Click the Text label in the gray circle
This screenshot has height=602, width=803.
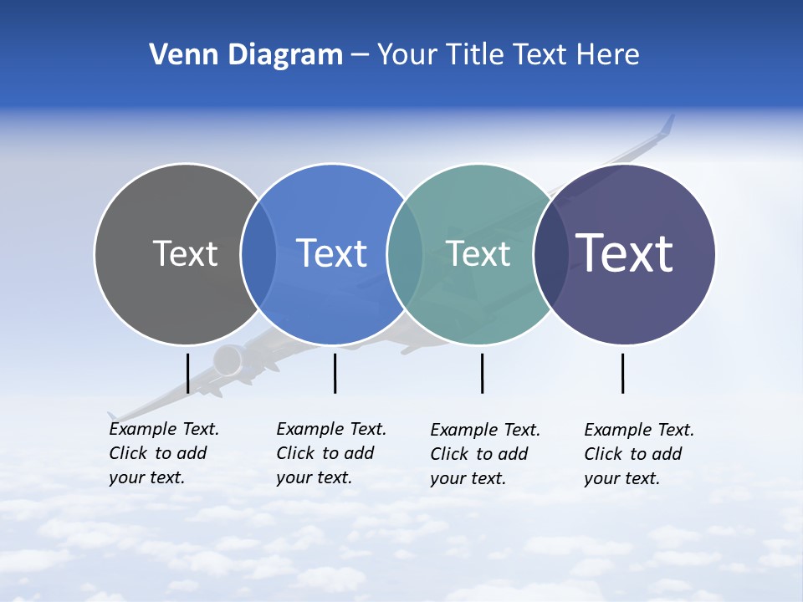click(x=185, y=253)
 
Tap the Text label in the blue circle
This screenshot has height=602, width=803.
click(x=332, y=253)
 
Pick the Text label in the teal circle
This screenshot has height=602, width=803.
click(x=478, y=253)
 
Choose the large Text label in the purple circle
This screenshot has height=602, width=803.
click(x=625, y=253)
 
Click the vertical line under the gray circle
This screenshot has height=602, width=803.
click(x=187, y=373)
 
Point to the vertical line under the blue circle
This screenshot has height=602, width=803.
click(x=335, y=373)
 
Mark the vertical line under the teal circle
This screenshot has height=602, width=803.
click(x=482, y=373)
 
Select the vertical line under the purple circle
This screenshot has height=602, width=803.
click(x=622, y=373)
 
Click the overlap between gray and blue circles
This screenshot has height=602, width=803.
click(x=259, y=254)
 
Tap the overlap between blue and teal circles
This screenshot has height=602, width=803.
click(x=406, y=254)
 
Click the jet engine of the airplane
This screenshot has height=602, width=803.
click(x=227, y=361)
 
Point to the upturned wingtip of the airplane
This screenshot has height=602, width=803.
click(x=667, y=125)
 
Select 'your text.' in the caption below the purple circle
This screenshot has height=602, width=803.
click(x=621, y=478)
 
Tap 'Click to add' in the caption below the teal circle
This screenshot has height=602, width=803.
click(x=479, y=454)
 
